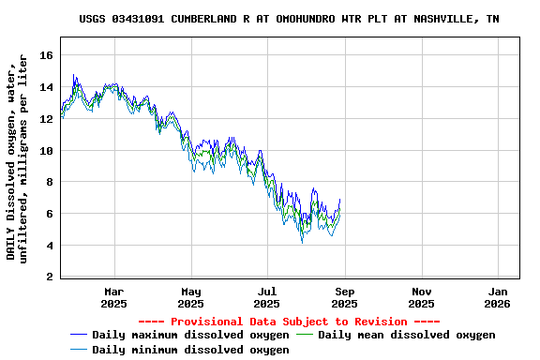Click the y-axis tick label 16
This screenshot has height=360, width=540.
click(x=46, y=55)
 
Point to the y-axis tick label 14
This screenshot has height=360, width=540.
click(x=46, y=87)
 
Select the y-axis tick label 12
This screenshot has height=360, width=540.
click(x=46, y=119)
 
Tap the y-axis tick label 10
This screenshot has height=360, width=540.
click(x=46, y=151)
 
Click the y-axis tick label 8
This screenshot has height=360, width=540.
click(x=49, y=183)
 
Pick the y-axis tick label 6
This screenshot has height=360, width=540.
click(x=49, y=214)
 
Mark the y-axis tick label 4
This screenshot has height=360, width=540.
click(x=49, y=246)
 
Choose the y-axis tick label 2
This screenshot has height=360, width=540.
click(x=49, y=277)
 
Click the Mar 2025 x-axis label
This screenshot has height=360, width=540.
click(x=113, y=297)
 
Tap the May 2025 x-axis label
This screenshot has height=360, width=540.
click(x=190, y=297)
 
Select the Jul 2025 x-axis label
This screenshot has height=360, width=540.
click(x=267, y=297)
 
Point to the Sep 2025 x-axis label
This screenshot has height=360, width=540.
click(x=344, y=297)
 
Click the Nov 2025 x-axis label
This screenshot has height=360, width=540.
click(x=421, y=297)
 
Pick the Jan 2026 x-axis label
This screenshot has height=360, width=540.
click(x=497, y=297)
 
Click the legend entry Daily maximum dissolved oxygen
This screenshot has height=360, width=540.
click(x=190, y=335)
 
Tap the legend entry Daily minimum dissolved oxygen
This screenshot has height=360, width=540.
click(x=190, y=350)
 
